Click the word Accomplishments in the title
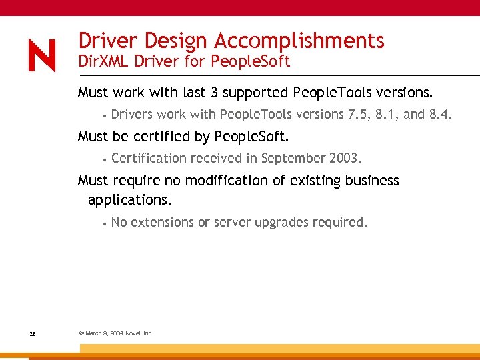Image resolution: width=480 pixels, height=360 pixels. tap(299, 41)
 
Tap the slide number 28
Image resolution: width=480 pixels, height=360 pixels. tap(33, 333)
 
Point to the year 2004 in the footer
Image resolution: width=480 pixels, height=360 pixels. tap(115, 333)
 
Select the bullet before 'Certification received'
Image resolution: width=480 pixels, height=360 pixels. tap(105, 160)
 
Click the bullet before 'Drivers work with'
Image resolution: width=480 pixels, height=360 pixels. tap(105, 116)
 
